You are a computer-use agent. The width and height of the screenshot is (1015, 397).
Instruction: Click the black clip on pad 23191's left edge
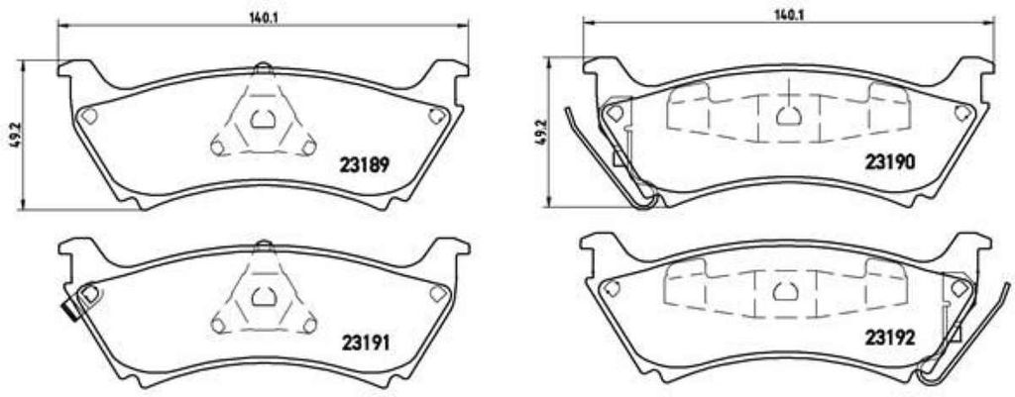point(70,311)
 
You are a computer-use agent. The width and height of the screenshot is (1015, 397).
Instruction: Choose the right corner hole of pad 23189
point(436,116)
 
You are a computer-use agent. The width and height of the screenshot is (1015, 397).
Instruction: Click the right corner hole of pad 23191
point(436,293)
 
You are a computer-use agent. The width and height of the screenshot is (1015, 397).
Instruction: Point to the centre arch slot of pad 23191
point(262,296)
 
